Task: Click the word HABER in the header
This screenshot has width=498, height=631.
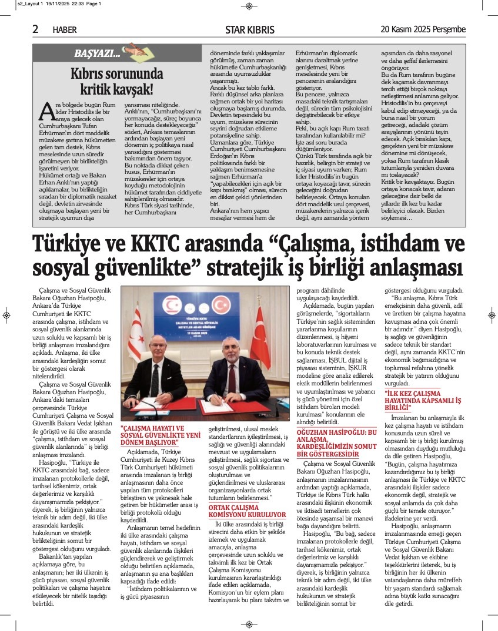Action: (65, 29)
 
